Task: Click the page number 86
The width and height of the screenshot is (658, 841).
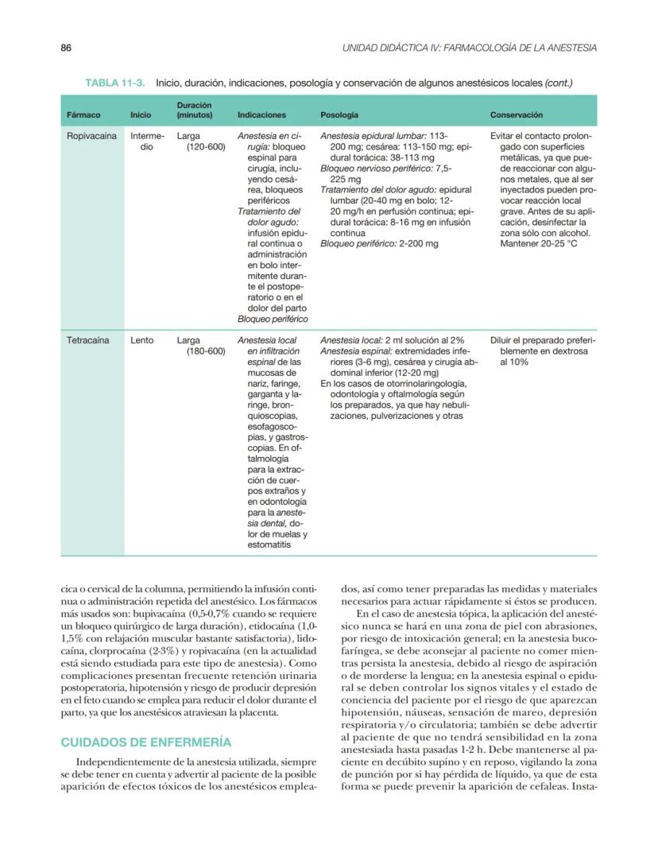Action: [x=67, y=48]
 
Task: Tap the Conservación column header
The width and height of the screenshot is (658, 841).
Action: [x=517, y=115]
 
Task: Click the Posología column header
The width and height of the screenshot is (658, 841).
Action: [x=339, y=115]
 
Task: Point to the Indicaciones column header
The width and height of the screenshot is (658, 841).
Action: [x=261, y=115]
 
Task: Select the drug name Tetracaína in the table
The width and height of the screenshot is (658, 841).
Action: [x=88, y=339]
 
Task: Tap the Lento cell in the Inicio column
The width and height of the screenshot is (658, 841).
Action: [x=141, y=339]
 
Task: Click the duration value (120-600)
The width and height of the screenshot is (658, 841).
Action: [x=206, y=147]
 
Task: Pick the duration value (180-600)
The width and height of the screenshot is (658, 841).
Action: [x=206, y=351]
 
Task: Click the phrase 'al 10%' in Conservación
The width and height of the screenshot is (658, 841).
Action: [x=517, y=362]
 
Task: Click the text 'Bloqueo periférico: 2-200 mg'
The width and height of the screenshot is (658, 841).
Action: [x=379, y=244]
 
